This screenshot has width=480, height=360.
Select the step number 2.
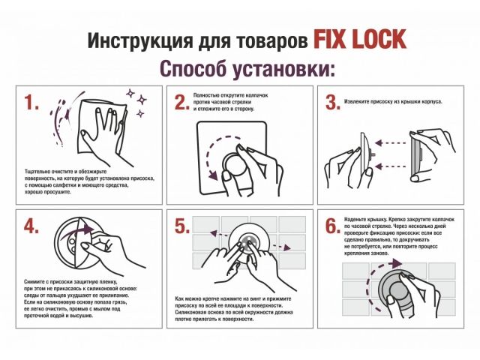(181, 104)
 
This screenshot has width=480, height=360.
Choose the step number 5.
(181, 226)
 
